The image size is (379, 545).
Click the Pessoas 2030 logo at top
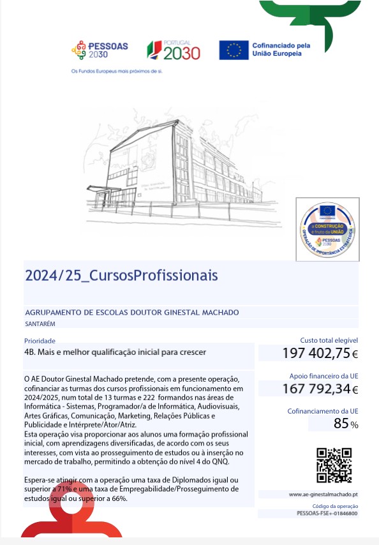click(x=100, y=50)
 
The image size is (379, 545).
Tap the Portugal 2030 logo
click(x=174, y=50)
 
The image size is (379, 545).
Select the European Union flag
click(x=234, y=50)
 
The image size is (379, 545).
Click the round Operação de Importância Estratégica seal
click(x=327, y=229)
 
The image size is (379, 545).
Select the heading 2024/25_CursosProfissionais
click(x=121, y=275)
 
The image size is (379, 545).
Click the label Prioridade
click(x=39, y=341)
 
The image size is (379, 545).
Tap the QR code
click(x=334, y=465)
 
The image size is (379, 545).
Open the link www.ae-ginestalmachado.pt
click(x=323, y=495)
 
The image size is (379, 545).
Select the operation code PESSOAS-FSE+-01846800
click(x=327, y=513)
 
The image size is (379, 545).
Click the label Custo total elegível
click(x=329, y=341)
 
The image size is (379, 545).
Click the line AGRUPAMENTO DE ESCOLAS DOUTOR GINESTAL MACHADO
click(x=132, y=312)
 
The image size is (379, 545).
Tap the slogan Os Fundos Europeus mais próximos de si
click(x=117, y=71)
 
